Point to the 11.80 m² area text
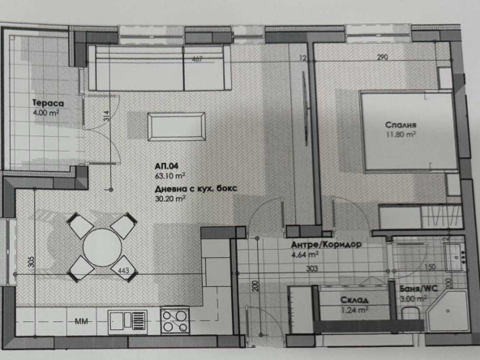[x=401, y=136]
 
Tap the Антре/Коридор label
[x=324, y=244]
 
